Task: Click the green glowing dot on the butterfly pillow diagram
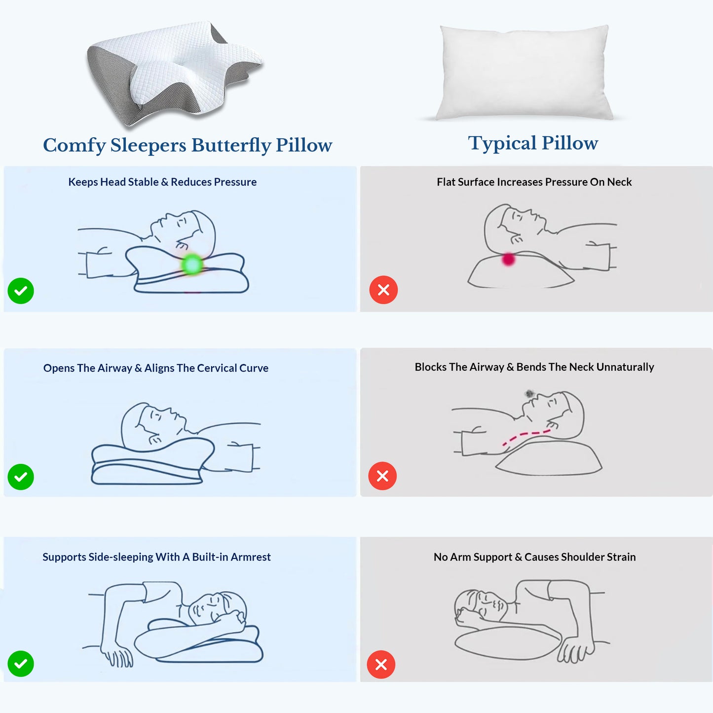point(192,264)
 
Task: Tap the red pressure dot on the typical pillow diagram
point(508,259)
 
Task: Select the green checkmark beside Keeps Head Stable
point(21,291)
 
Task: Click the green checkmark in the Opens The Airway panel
point(21,477)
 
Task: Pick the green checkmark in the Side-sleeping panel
point(21,664)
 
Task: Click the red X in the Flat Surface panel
point(384,290)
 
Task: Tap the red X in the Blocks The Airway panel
point(382,476)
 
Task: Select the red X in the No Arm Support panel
point(381,665)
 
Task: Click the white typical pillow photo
point(523,73)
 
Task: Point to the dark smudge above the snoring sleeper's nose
point(529,393)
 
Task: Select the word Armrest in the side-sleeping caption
point(251,557)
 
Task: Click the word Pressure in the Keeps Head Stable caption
point(235,182)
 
